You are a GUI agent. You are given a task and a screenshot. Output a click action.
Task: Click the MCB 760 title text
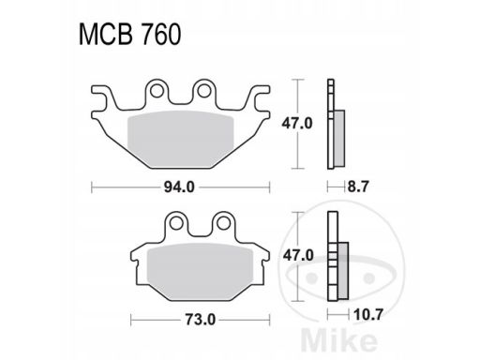(129, 34)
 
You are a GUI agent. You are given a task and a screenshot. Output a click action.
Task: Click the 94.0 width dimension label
(179, 187)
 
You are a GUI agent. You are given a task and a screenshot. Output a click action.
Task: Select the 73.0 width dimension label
(201, 320)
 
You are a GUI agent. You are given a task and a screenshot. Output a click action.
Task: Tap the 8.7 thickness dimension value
(358, 187)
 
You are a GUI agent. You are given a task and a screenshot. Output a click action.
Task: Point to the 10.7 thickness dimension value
(367, 314)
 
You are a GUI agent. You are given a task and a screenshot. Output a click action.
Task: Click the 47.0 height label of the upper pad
(297, 124)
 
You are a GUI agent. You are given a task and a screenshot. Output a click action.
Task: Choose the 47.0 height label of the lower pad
(298, 256)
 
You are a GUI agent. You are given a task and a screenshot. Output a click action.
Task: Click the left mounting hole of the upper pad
(157, 91)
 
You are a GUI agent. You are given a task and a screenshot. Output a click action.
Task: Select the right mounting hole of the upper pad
(204, 91)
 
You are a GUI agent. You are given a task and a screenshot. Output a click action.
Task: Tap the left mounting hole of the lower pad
(175, 223)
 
